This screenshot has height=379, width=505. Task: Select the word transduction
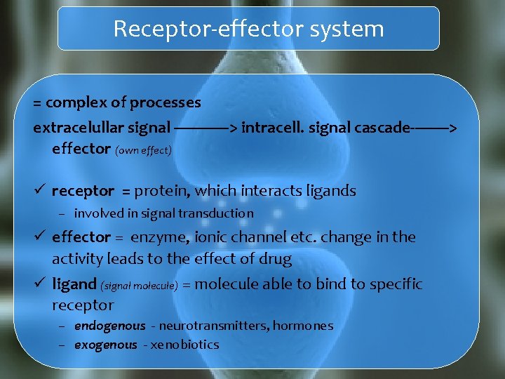click(x=217, y=213)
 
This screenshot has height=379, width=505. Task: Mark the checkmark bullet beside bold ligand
click(x=40, y=284)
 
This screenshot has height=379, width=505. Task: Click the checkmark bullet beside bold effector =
click(x=40, y=237)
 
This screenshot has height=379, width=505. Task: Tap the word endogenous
click(x=109, y=326)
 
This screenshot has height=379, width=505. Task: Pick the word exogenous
click(x=105, y=345)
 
